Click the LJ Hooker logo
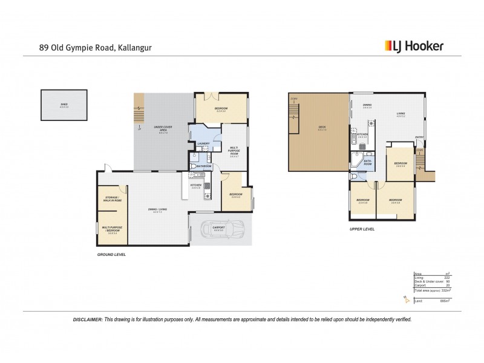point(414,45)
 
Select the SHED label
point(64,105)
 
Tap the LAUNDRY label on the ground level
point(203,143)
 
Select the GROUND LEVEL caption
point(113,255)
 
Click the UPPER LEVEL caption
point(362,229)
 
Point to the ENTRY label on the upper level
point(419,137)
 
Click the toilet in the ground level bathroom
point(192,165)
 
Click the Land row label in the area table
point(418,301)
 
